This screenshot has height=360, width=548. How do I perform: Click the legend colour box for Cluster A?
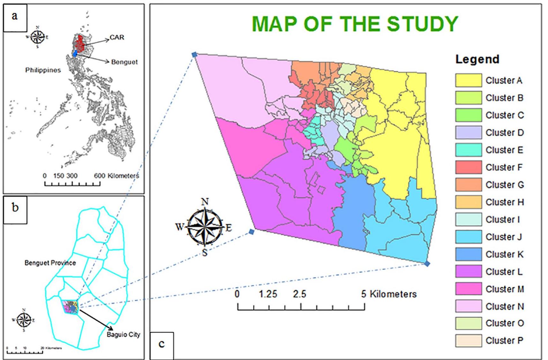click(x=468, y=80)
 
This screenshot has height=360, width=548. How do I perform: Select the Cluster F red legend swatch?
click(x=468, y=167)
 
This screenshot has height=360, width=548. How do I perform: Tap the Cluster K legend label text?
click(x=504, y=254)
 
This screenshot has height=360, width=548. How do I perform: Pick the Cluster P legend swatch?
click(x=468, y=341)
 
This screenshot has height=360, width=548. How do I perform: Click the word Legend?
click(x=477, y=59)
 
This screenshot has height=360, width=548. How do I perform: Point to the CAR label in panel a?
click(x=117, y=37)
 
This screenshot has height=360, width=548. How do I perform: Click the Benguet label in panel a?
click(x=124, y=62)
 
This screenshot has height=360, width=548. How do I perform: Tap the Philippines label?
click(x=43, y=70)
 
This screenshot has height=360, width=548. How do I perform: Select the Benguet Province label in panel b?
click(x=50, y=263)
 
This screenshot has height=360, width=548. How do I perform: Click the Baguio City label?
click(x=123, y=334)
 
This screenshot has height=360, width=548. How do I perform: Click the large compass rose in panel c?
click(x=205, y=227)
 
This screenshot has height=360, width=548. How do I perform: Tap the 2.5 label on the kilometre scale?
click(x=299, y=294)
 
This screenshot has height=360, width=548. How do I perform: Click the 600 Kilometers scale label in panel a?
click(x=116, y=176)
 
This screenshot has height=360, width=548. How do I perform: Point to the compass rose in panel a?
click(x=38, y=37)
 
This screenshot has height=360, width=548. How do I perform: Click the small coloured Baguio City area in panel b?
click(x=70, y=307)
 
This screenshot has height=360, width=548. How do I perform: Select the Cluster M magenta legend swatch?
click(x=468, y=289)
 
